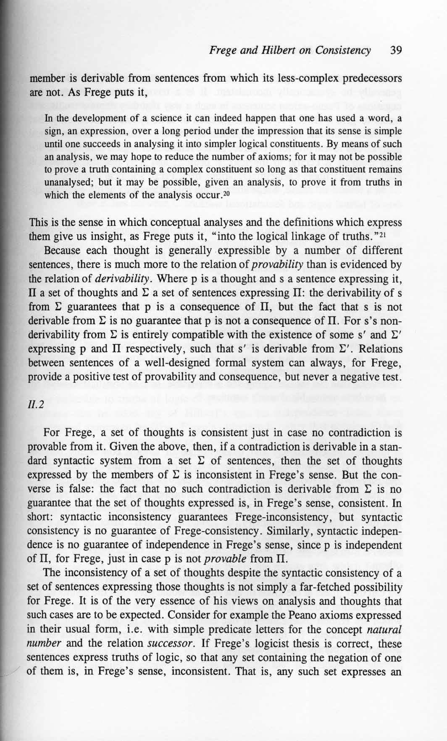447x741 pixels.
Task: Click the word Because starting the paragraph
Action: coord(62,251)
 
